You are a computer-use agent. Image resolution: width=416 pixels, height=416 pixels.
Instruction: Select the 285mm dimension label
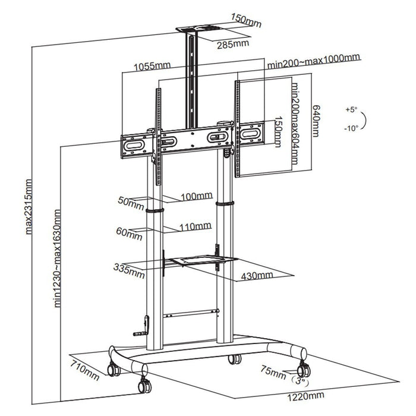[232, 43]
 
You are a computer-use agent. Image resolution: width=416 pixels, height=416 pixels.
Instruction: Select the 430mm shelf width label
[257, 276]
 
